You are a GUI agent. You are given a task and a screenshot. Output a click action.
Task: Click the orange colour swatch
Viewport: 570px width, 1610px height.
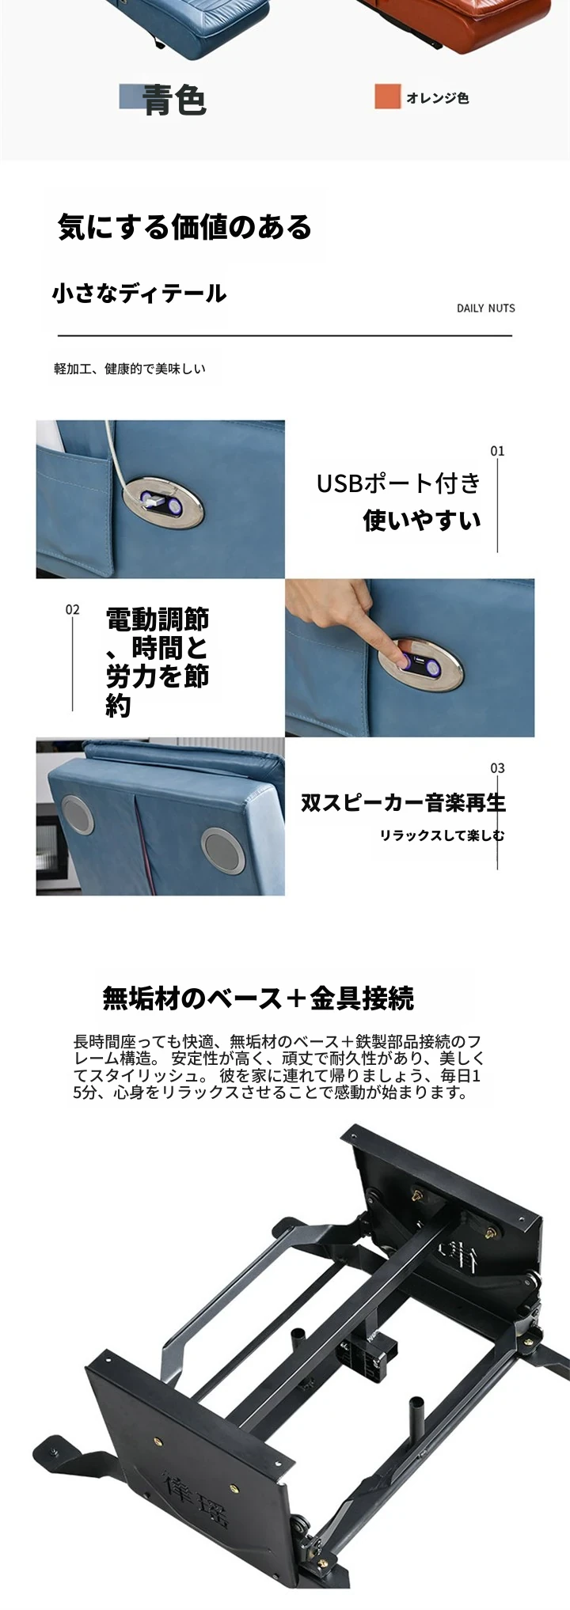[x=387, y=97]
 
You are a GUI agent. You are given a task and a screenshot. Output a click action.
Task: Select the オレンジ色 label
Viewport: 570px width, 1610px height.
[x=438, y=98]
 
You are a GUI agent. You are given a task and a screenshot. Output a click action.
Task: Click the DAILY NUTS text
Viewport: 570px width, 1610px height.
[x=485, y=308]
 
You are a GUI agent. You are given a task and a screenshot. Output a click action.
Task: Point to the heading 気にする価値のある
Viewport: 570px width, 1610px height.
[x=185, y=227]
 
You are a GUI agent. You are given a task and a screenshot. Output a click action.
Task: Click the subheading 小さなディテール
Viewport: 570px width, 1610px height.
[x=139, y=294]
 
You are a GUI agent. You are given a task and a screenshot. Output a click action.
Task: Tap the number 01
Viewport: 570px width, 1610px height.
[x=497, y=451]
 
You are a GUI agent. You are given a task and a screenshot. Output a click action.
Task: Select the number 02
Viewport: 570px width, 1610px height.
[x=73, y=609]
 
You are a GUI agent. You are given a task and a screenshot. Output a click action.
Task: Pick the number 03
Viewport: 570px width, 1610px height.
[x=497, y=768]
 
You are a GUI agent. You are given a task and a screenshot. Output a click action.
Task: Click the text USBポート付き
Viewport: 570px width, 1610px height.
[x=399, y=483]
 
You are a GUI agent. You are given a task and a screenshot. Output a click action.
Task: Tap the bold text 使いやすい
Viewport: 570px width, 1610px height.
[x=422, y=520]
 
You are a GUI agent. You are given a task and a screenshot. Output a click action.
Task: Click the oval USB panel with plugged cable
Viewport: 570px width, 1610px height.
[x=161, y=501]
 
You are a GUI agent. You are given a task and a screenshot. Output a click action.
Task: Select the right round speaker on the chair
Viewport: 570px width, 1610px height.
[x=222, y=849]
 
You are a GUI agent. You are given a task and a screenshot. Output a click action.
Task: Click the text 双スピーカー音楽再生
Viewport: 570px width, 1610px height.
[x=403, y=802]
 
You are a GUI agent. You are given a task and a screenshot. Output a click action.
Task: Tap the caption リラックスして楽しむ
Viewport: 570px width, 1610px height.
[x=442, y=835]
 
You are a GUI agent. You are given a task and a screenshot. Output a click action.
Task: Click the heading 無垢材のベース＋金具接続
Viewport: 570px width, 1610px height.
[x=258, y=998]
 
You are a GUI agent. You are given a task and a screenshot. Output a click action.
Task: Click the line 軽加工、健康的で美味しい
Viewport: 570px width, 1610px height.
[x=130, y=369]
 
